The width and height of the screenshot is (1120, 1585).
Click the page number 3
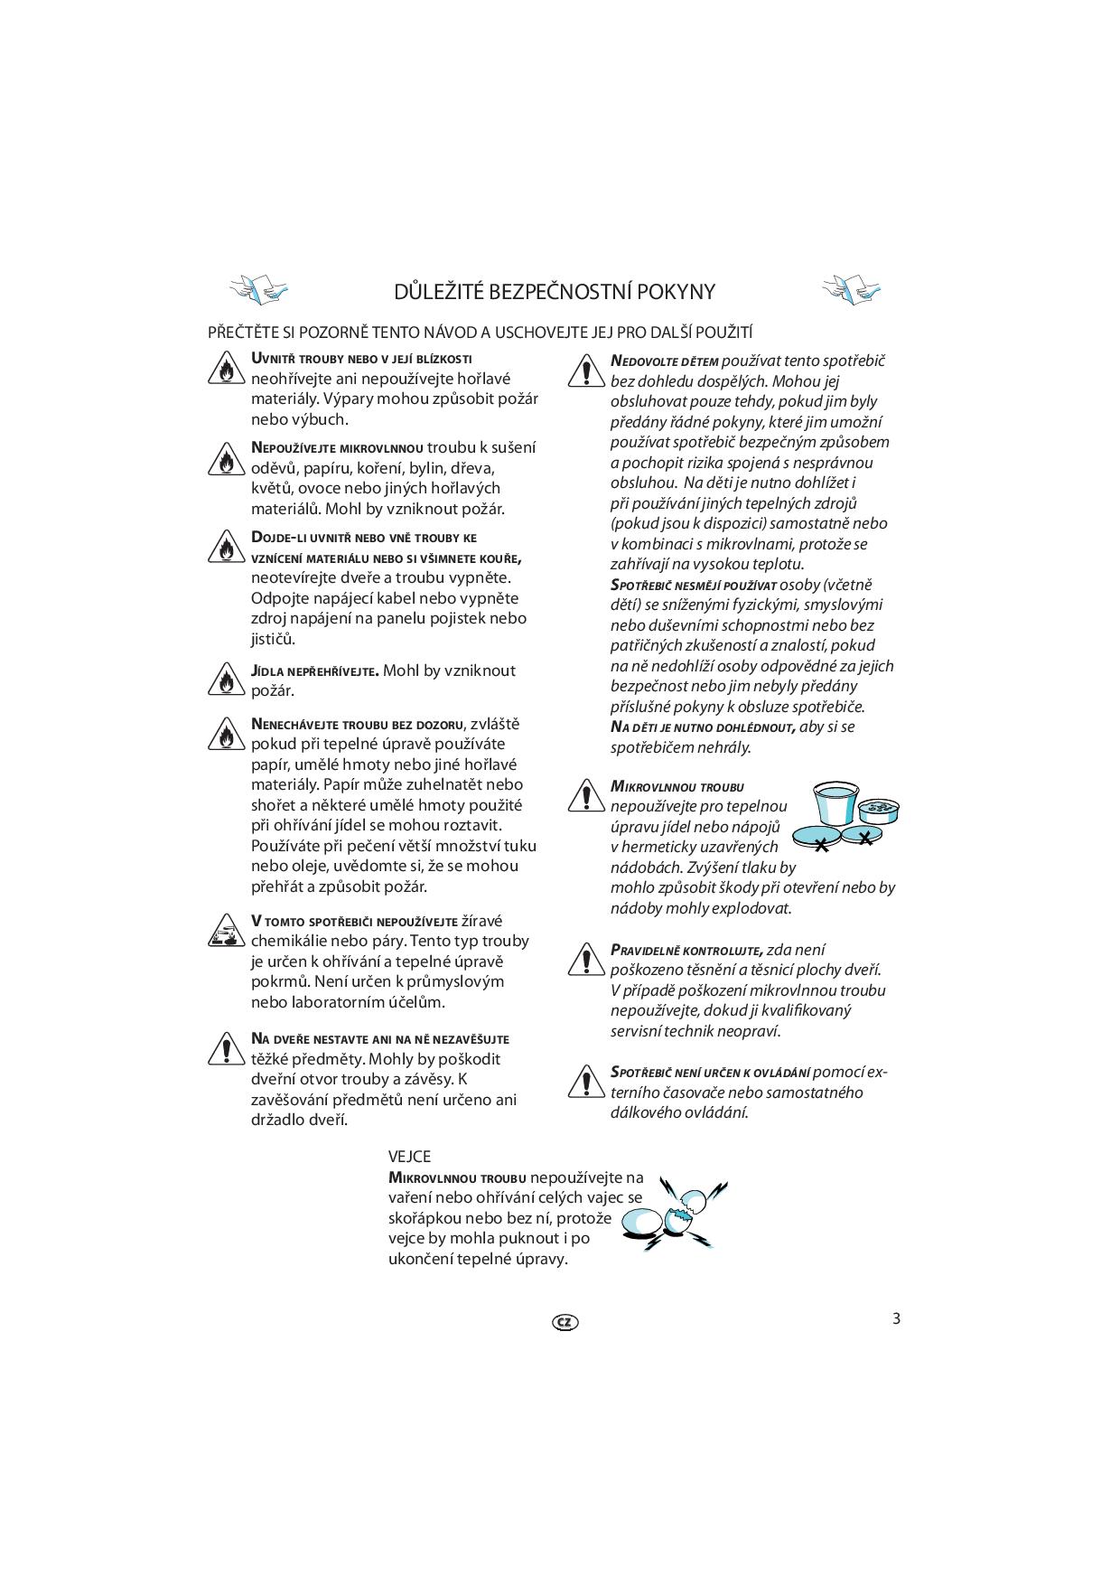click(x=896, y=1318)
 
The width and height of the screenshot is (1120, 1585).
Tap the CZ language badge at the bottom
click(x=565, y=1322)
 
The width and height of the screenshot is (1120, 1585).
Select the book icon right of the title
click(x=851, y=289)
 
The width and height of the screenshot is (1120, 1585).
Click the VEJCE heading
click(x=409, y=1157)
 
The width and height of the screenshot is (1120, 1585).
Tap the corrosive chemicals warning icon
click(x=226, y=931)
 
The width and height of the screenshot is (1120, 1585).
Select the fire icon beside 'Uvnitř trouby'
click(x=226, y=370)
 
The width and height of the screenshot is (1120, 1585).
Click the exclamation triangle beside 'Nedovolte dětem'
click(x=586, y=371)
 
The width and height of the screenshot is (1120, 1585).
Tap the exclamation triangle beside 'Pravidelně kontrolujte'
click(x=586, y=960)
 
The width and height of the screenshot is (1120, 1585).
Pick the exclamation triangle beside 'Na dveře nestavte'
click(x=226, y=1048)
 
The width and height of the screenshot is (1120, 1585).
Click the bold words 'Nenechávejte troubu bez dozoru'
click(x=358, y=725)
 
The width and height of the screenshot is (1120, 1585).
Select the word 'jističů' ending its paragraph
click(x=273, y=639)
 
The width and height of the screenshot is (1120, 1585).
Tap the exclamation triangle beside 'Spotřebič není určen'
click(x=586, y=1082)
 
